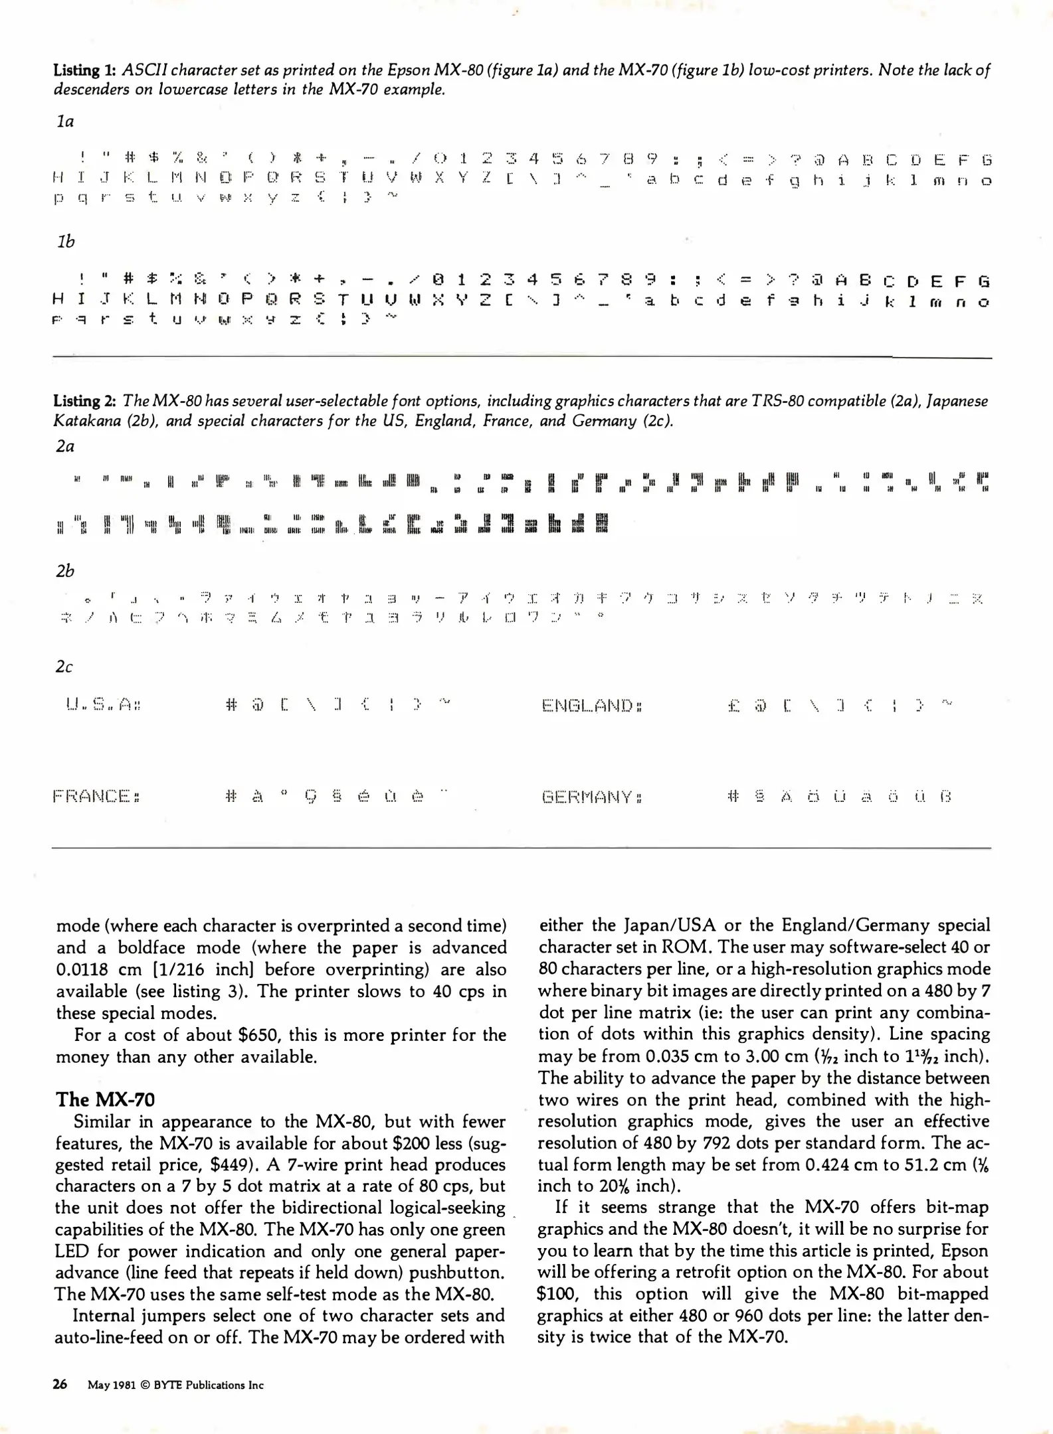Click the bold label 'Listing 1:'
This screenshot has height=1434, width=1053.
click(85, 70)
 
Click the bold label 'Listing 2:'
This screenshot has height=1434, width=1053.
click(85, 401)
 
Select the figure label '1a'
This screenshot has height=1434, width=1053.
click(65, 121)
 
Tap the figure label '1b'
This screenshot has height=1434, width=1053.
click(66, 242)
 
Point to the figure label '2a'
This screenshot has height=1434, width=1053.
click(65, 446)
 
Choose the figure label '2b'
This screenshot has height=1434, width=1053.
click(65, 571)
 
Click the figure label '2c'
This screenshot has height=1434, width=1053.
click(64, 667)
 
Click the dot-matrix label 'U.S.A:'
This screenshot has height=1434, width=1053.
click(102, 704)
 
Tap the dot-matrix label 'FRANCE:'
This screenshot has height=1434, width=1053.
click(96, 796)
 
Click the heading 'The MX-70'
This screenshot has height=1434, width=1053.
click(105, 1099)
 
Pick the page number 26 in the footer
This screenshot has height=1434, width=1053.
click(60, 1384)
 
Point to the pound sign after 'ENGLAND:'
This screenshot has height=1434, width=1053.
click(733, 705)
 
